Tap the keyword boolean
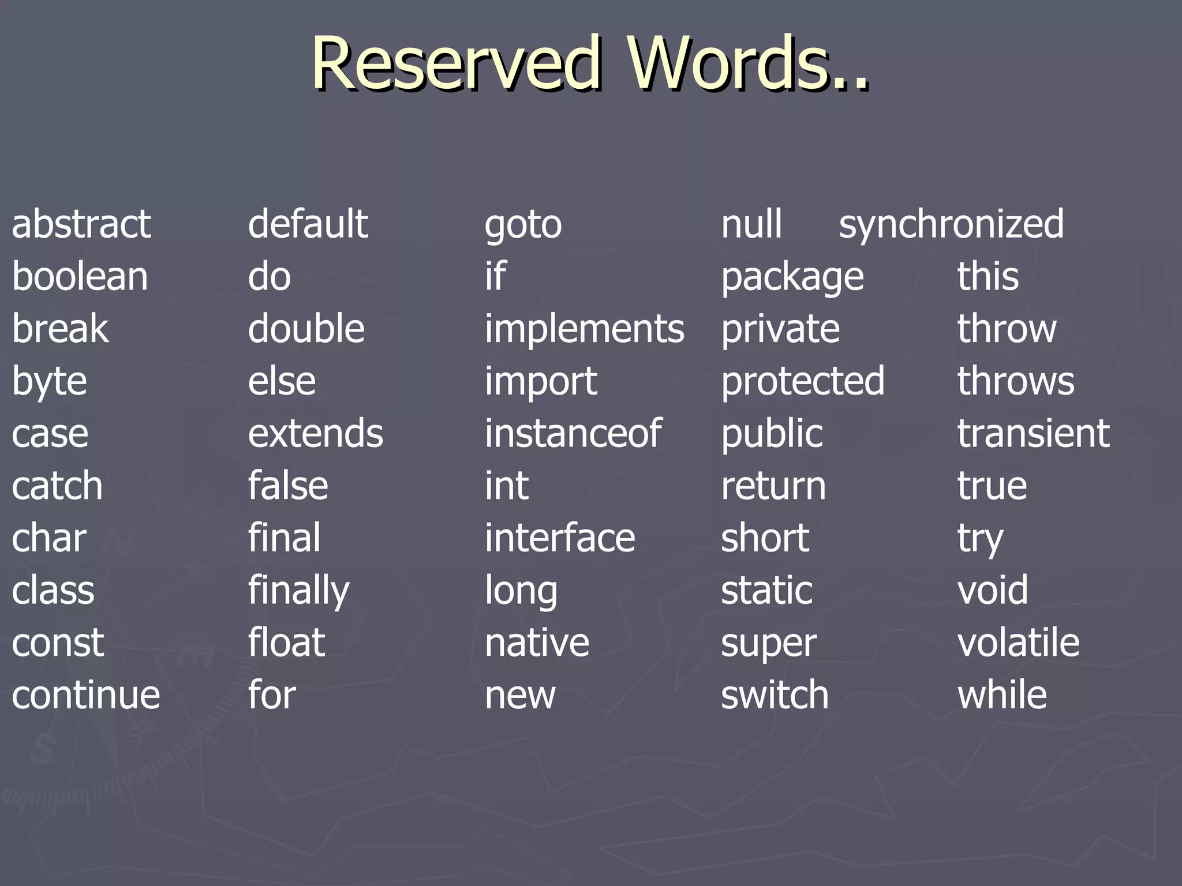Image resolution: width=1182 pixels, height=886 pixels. pos(80,276)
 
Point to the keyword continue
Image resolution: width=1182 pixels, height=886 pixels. pos(86,695)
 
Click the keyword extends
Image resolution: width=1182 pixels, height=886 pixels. pos(316,433)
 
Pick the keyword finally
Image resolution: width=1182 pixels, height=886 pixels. pos(299,591)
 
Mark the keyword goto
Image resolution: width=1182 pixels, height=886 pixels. pos(523,225)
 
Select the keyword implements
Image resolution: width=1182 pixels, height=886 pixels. pos(585,329)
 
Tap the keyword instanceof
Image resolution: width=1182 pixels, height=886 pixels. pos(573,433)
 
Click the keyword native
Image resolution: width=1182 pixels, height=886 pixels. pos(537,643)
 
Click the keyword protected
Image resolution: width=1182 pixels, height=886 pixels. pos(803,381)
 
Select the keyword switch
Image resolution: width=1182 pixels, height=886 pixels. pos(775,695)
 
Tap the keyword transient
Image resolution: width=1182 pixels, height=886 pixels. pos(1034,433)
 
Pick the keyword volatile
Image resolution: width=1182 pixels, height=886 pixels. pos(1019,643)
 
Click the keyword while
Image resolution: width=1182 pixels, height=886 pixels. pos(1003,695)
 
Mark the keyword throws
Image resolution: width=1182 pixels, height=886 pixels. pos(1016,381)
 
